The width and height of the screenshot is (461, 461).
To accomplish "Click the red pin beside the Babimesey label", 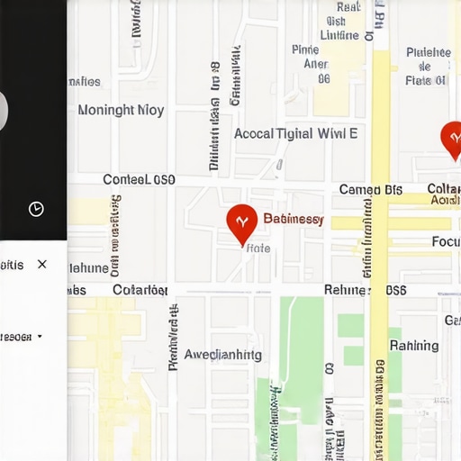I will (x=241, y=222).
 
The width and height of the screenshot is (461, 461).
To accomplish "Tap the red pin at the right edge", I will (x=454, y=139).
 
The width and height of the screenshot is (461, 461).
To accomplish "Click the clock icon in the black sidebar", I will (x=36, y=209).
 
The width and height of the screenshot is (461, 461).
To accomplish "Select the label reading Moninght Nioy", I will (x=121, y=111).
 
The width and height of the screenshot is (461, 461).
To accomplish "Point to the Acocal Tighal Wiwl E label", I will (x=295, y=134).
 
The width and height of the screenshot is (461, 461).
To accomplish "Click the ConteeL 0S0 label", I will (x=139, y=180).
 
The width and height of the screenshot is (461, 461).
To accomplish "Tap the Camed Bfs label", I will (x=370, y=190).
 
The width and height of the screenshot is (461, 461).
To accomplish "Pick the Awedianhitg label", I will (x=222, y=355).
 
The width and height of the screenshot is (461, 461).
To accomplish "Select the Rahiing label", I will (x=414, y=346).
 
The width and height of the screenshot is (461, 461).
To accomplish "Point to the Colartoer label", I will (x=140, y=290).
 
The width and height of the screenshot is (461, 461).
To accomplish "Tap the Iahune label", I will (x=88, y=267).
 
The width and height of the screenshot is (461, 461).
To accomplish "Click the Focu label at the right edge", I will (x=446, y=242).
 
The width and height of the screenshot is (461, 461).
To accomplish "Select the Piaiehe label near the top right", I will (x=429, y=52).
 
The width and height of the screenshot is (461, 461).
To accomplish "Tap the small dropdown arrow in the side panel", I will (x=40, y=337).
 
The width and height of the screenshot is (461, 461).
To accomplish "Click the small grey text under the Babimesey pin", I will (x=258, y=248).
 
